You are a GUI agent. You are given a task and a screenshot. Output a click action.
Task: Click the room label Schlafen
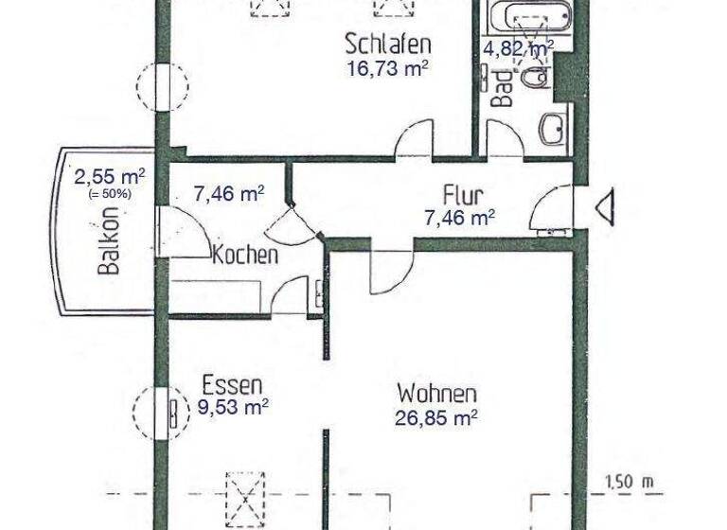(x=388, y=44)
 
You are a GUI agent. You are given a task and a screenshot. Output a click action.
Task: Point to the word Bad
(x=505, y=88)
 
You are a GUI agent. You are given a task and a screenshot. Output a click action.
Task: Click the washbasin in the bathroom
(x=552, y=129)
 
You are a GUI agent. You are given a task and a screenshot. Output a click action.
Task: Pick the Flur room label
(x=463, y=197)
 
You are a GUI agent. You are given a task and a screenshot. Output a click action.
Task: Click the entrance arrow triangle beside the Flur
(x=605, y=207)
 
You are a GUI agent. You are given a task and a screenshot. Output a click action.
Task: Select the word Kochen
(x=245, y=255)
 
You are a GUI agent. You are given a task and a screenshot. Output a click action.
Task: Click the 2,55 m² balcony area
(x=110, y=176)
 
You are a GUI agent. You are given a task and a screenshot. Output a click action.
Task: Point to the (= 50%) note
(x=111, y=193)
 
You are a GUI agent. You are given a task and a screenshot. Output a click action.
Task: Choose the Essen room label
(x=232, y=385)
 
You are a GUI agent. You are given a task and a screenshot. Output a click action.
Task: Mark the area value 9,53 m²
(x=232, y=408)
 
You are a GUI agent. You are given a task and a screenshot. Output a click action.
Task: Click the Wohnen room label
(x=436, y=392)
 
